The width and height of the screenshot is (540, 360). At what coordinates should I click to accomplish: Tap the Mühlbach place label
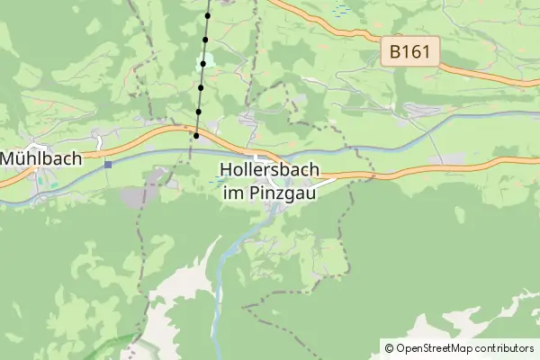(41, 158)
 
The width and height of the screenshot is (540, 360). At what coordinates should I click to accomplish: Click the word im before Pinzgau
(233, 192)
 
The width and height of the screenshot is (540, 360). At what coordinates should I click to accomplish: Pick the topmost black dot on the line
(208, 15)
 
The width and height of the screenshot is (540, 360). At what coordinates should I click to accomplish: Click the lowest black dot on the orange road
(195, 135)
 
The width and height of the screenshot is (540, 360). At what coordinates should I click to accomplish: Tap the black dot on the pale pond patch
(203, 64)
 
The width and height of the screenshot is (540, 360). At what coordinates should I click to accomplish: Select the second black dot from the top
(206, 40)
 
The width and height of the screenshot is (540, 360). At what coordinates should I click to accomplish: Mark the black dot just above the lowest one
(198, 112)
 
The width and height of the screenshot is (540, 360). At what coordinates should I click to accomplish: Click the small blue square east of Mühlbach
(108, 164)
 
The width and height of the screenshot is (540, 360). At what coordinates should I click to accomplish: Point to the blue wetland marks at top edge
(341, 10)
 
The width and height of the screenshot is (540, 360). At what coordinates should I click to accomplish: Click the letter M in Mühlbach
(8, 158)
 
